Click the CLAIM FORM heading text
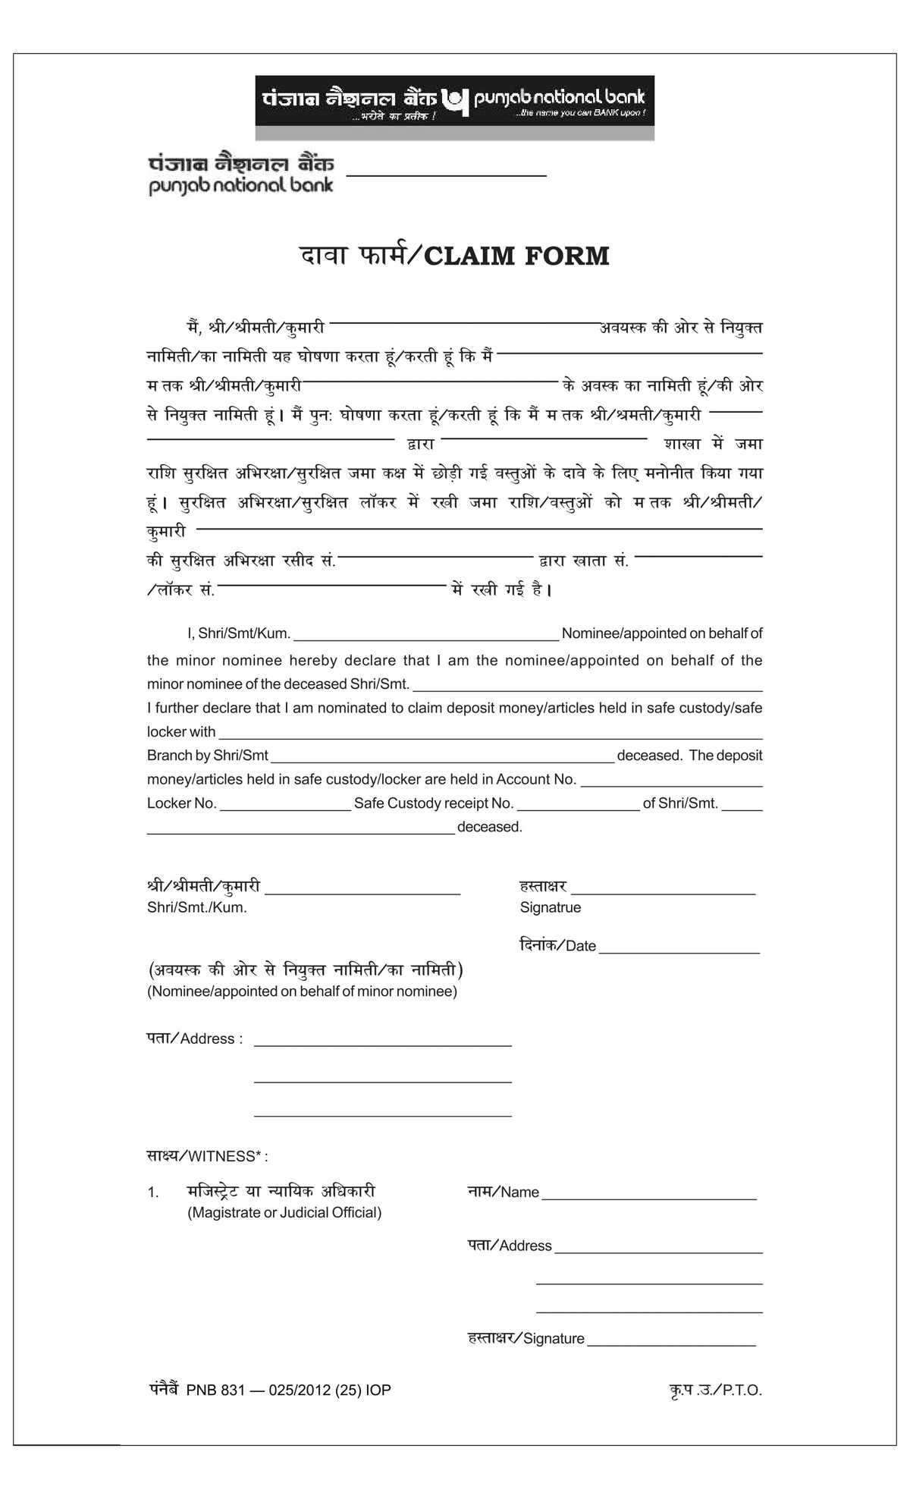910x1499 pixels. [516, 256]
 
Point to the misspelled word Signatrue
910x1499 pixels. [550, 908]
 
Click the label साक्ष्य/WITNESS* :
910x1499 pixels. [207, 1156]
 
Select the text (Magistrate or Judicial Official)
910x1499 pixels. [284, 1212]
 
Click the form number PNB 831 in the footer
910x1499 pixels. [215, 1391]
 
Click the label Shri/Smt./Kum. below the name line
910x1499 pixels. [197, 908]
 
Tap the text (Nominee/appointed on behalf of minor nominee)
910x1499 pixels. [302, 991]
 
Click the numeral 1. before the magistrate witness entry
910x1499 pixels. [153, 1193]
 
